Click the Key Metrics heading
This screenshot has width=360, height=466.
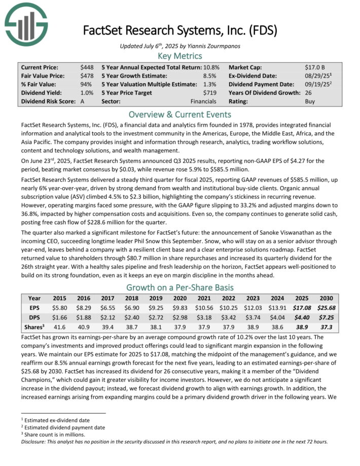[180, 56]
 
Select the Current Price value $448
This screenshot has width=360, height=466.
[87, 67]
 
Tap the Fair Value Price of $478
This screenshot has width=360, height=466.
[87, 76]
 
